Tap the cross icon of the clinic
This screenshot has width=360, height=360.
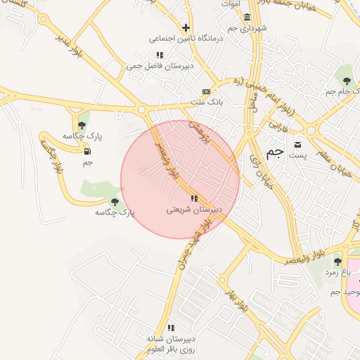(x=186, y=28)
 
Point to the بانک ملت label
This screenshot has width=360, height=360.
(x=206, y=103)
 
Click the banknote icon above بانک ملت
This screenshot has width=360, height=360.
(x=206, y=91)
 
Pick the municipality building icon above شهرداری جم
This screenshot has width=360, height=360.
(x=247, y=17)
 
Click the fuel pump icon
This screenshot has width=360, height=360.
(x=87, y=151)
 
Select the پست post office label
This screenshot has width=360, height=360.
(x=300, y=155)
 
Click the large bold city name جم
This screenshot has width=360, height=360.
(x=276, y=153)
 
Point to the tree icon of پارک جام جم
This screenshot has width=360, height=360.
(x=347, y=83)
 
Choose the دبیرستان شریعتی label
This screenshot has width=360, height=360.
(x=194, y=210)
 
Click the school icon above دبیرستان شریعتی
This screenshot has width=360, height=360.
(x=194, y=198)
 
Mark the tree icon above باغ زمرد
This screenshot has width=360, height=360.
(x=337, y=261)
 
